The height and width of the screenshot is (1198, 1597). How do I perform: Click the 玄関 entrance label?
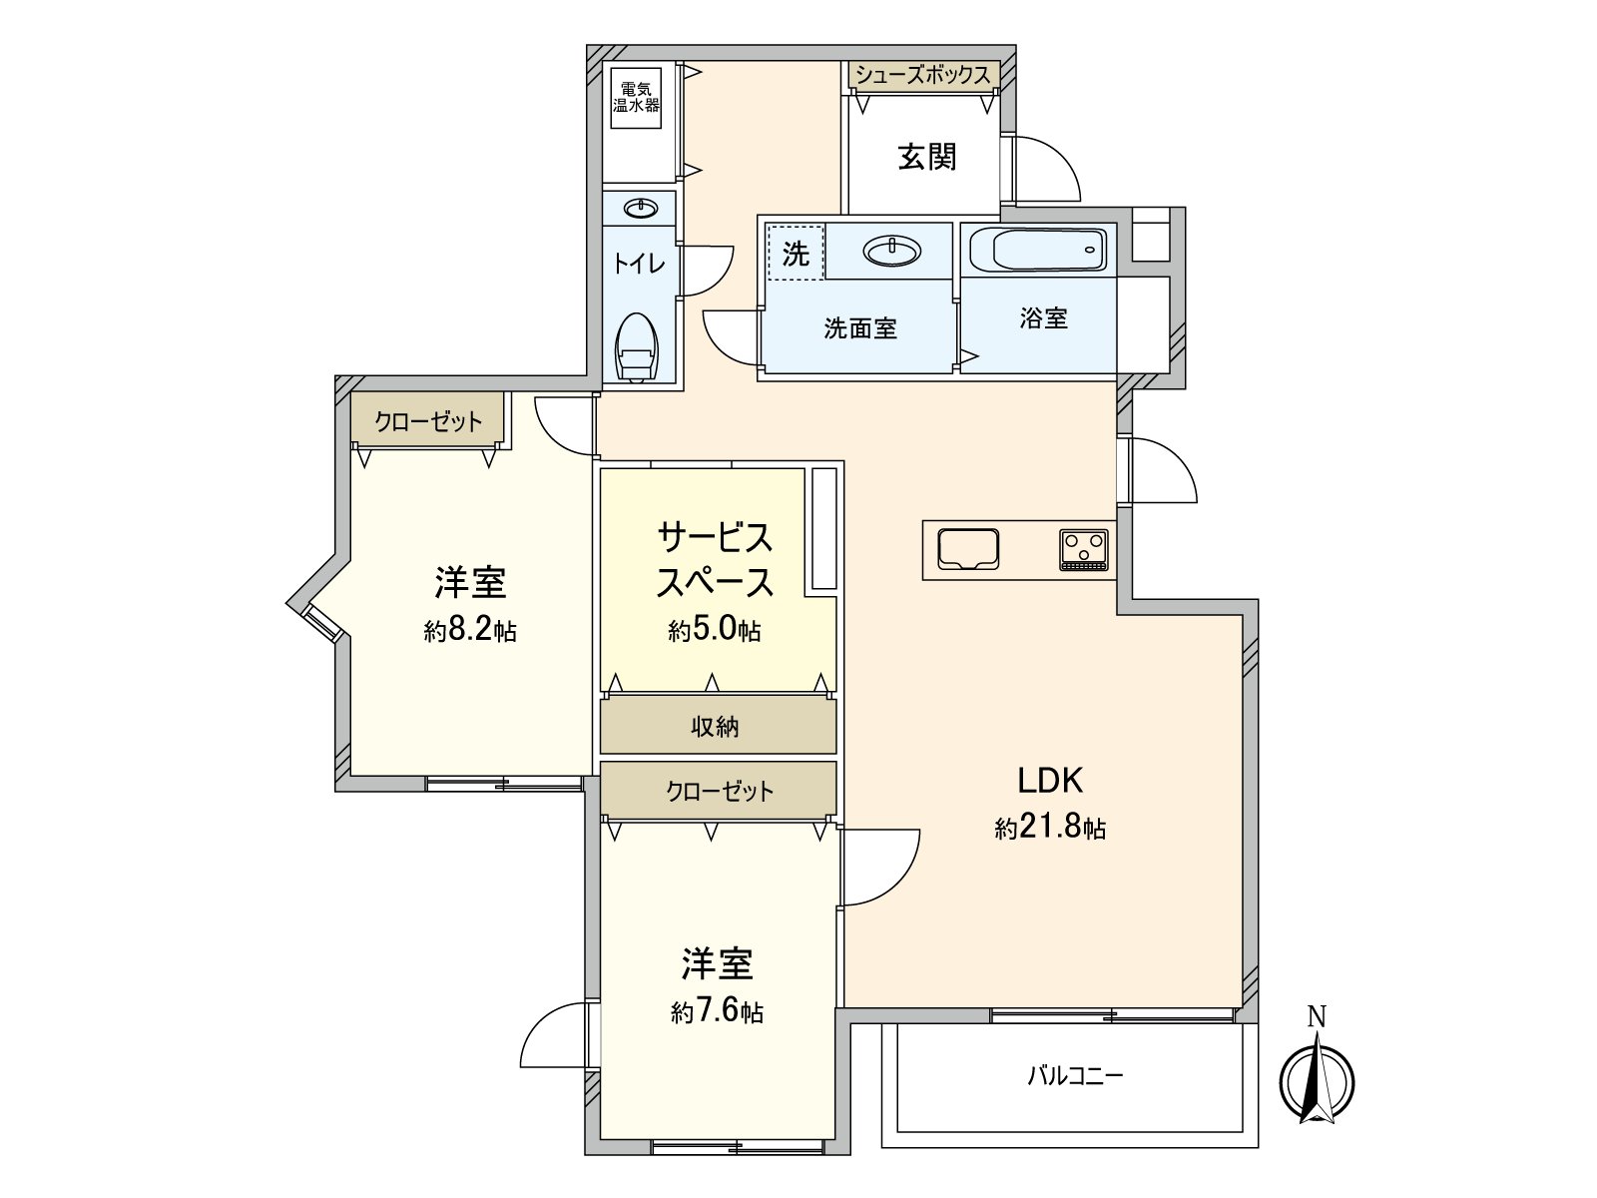pos(927,157)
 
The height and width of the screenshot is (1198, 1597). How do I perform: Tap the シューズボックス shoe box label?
pos(922,76)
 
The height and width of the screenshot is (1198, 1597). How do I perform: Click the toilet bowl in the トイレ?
pos(637,349)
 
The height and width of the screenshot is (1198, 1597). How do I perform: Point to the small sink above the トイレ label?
pos(640,209)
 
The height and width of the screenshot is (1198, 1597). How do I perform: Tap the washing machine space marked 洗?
pos(795,253)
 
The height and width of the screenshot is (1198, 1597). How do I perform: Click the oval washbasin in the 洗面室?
pos(892,251)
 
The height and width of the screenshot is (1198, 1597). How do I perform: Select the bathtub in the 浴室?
pos(1038,249)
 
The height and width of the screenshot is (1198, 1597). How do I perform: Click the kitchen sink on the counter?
pos(968,549)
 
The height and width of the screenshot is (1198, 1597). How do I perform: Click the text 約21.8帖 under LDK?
pos(1050,828)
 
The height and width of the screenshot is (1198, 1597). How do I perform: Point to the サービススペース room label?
pos(715,559)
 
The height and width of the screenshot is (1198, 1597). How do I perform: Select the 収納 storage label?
pos(716,727)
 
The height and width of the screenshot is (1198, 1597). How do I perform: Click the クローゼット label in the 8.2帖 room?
pos(428,421)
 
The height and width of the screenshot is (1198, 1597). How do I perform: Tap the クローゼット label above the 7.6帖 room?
pos(720,792)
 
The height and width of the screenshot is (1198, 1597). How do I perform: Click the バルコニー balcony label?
pos(1076,1075)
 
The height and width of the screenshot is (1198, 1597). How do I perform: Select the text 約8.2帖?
pos(469,631)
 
